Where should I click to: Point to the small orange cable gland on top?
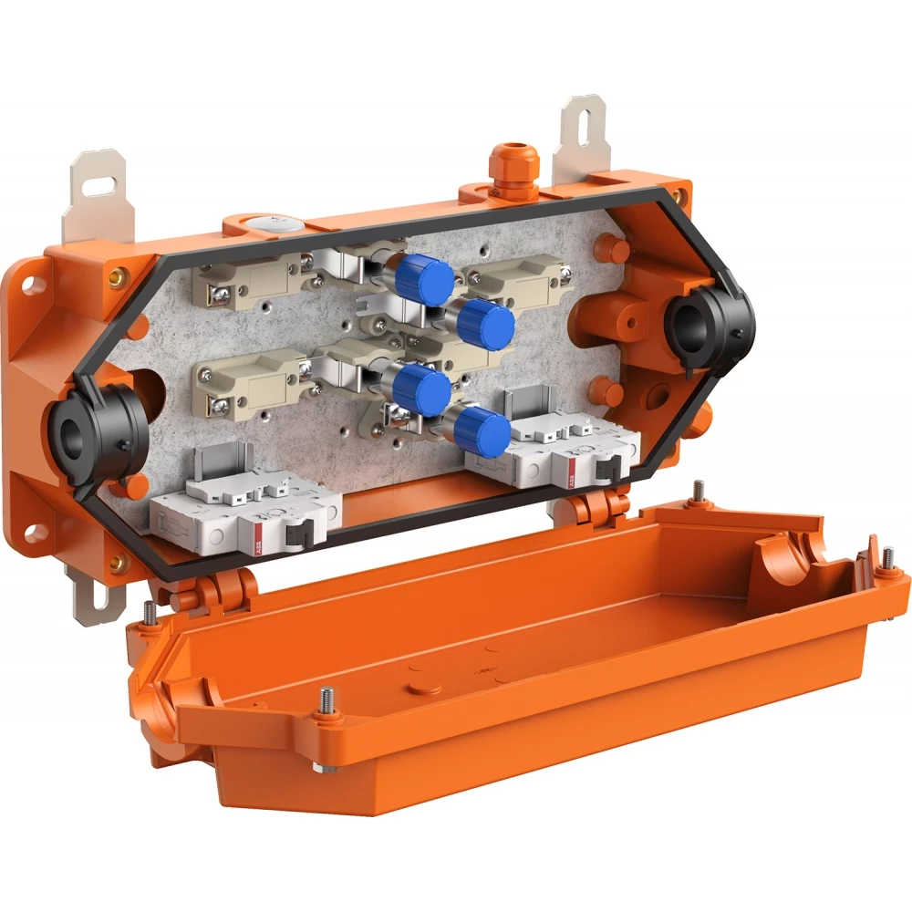pos(504,166)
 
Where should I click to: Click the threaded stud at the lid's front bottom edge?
pos(325,704)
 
